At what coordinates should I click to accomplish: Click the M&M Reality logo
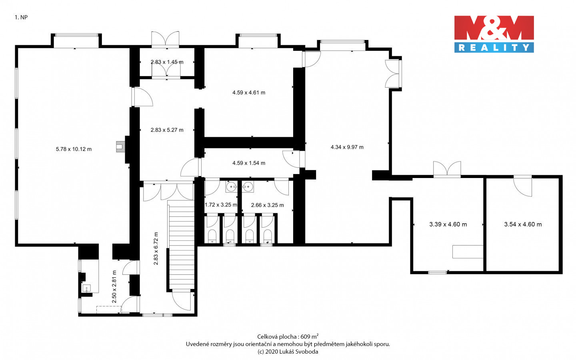[x=494, y=34]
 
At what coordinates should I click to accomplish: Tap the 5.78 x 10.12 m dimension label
[x=74, y=149]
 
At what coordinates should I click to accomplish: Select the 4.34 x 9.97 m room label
[x=347, y=147]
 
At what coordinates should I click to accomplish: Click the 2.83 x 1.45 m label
[x=167, y=62]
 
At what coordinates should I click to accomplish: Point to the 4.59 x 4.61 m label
[x=249, y=92]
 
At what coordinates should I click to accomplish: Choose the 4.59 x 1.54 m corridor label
[x=249, y=163]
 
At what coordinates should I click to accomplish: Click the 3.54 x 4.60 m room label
[x=523, y=224]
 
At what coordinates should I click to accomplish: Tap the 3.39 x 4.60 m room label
[x=448, y=224]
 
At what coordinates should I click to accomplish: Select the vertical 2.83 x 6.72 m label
[x=156, y=248]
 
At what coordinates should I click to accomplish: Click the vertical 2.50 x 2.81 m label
[x=114, y=287]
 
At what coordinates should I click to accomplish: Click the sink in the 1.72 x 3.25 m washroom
[x=232, y=186]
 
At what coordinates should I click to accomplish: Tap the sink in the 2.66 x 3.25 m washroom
[x=248, y=186]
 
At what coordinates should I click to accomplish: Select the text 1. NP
[x=21, y=17]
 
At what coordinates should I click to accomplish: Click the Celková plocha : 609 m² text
[x=288, y=337]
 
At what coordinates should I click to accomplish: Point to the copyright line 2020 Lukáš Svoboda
[x=288, y=352]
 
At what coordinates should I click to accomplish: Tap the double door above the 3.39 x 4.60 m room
[x=447, y=169]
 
